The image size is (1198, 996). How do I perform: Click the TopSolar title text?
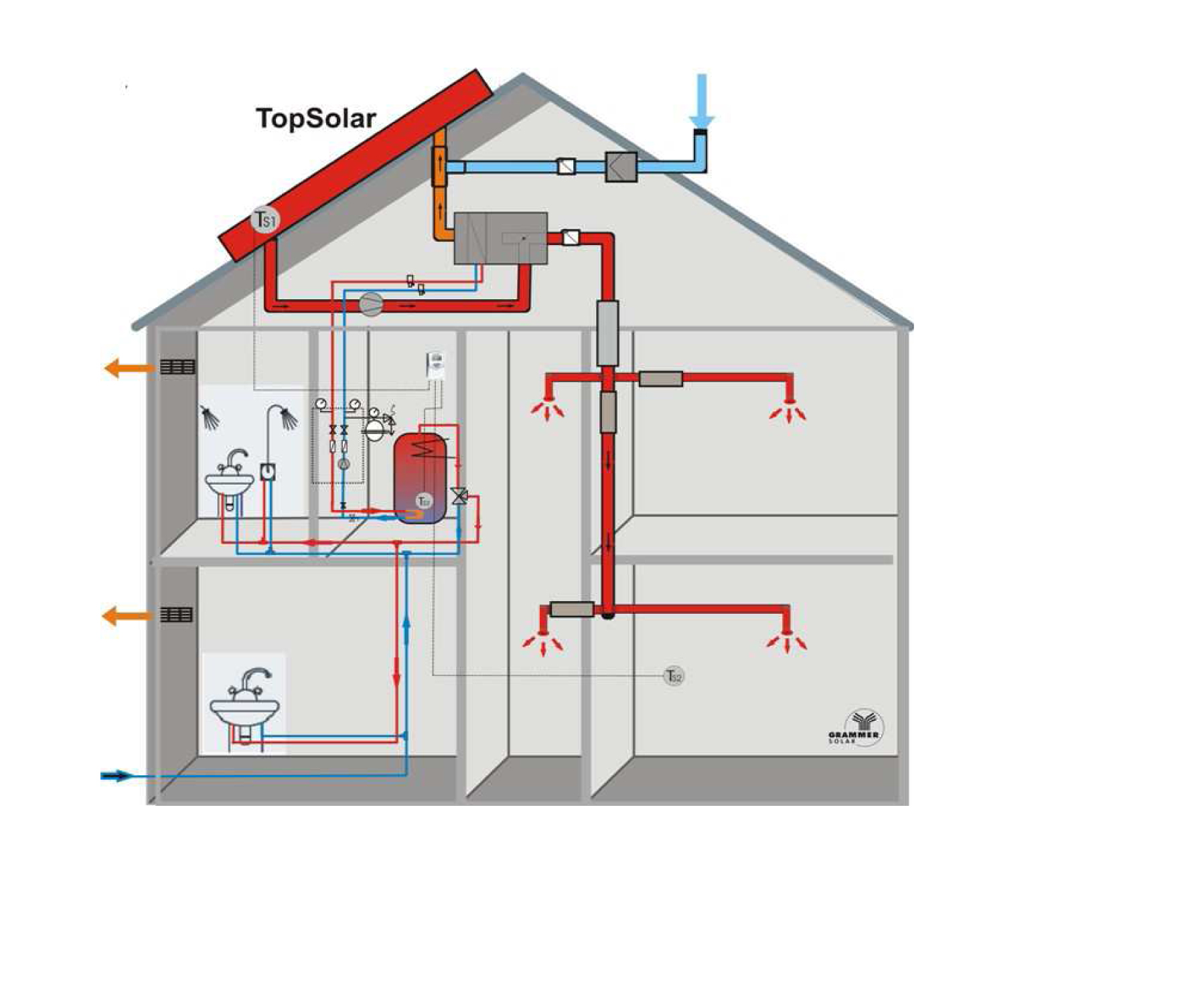coord(316,118)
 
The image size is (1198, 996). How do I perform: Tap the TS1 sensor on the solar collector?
coord(266,220)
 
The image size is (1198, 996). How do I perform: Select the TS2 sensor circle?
coord(674,676)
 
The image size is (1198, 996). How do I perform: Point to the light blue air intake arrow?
coord(701,100)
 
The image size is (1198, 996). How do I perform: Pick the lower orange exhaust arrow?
coord(127,615)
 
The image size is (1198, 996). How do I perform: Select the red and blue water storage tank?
coord(420,477)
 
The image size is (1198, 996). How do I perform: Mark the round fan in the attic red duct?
coord(371,304)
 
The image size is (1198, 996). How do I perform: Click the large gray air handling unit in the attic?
coord(501,238)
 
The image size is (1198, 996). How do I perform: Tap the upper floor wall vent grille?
coord(177,367)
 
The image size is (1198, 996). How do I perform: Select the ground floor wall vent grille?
coord(176,614)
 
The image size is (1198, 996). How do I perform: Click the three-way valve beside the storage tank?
coord(459,496)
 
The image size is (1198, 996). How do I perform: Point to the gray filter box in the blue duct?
coord(621,166)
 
